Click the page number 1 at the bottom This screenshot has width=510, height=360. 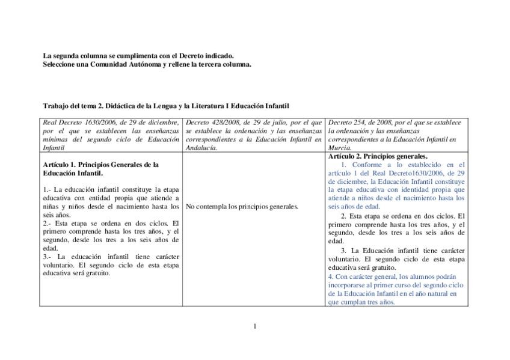pyautogui.click(x=255, y=326)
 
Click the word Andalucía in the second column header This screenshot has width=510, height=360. pyautogui.click(x=201, y=147)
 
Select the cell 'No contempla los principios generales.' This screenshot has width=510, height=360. pyautogui.click(x=242, y=206)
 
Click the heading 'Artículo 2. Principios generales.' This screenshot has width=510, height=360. pyautogui.click(x=378, y=156)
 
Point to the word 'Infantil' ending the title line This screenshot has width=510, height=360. pyautogui.click(x=277, y=106)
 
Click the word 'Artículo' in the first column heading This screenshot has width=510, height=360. pyautogui.click(x=57, y=164)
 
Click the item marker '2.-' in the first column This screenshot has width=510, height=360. pyautogui.click(x=48, y=223)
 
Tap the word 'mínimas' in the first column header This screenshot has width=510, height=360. pyautogui.click(x=55, y=139)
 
